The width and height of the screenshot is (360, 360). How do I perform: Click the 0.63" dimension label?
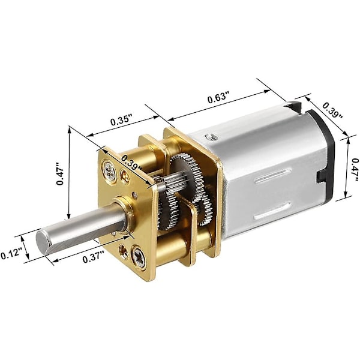point(219,97)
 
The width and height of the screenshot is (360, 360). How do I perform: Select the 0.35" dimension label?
point(121,120)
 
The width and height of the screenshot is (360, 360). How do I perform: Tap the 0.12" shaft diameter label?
point(11,254)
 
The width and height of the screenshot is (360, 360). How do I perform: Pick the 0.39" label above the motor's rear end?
point(332,110)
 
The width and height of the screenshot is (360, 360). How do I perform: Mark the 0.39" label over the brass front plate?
point(132,163)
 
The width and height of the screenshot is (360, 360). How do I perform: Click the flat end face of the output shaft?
point(43,242)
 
